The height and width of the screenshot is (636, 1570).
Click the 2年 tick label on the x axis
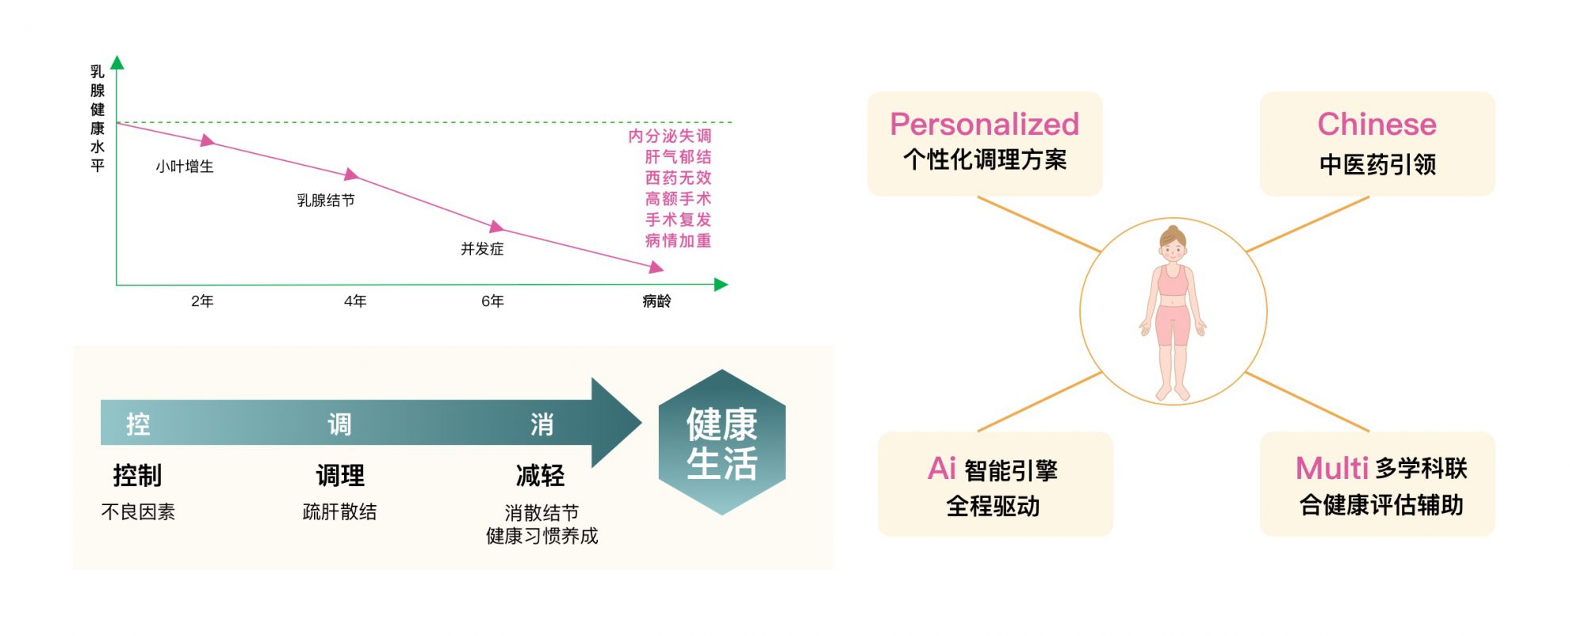tap(202, 301)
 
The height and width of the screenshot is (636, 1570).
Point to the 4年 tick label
tap(355, 301)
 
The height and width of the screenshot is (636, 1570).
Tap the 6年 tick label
tap(492, 301)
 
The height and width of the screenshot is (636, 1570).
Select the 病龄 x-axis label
tap(657, 301)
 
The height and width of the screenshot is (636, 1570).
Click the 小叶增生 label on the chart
tap(185, 167)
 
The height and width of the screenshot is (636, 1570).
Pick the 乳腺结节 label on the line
tap(326, 201)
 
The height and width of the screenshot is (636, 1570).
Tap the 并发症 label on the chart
tap(482, 249)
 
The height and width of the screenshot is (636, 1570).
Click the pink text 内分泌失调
tap(670, 136)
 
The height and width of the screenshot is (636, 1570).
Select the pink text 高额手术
tap(678, 199)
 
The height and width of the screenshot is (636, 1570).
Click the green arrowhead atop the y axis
tap(117, 63)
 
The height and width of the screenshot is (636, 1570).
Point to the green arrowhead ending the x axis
tap(721, 285)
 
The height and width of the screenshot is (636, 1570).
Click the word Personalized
tap(985, 125)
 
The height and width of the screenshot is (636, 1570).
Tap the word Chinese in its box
tap(1377, 125)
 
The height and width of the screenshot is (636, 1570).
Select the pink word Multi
tap(1332, 468)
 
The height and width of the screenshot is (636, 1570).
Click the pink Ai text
tap(942, 469)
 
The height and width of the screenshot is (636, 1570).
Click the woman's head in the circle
tap(1173, 244)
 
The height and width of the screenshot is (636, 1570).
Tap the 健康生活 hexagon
tap(722, 443)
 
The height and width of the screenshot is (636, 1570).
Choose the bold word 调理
tap(340, 476)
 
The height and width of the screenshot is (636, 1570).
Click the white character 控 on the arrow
tap(138, 424)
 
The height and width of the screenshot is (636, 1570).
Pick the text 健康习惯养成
tap(542, 536)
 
